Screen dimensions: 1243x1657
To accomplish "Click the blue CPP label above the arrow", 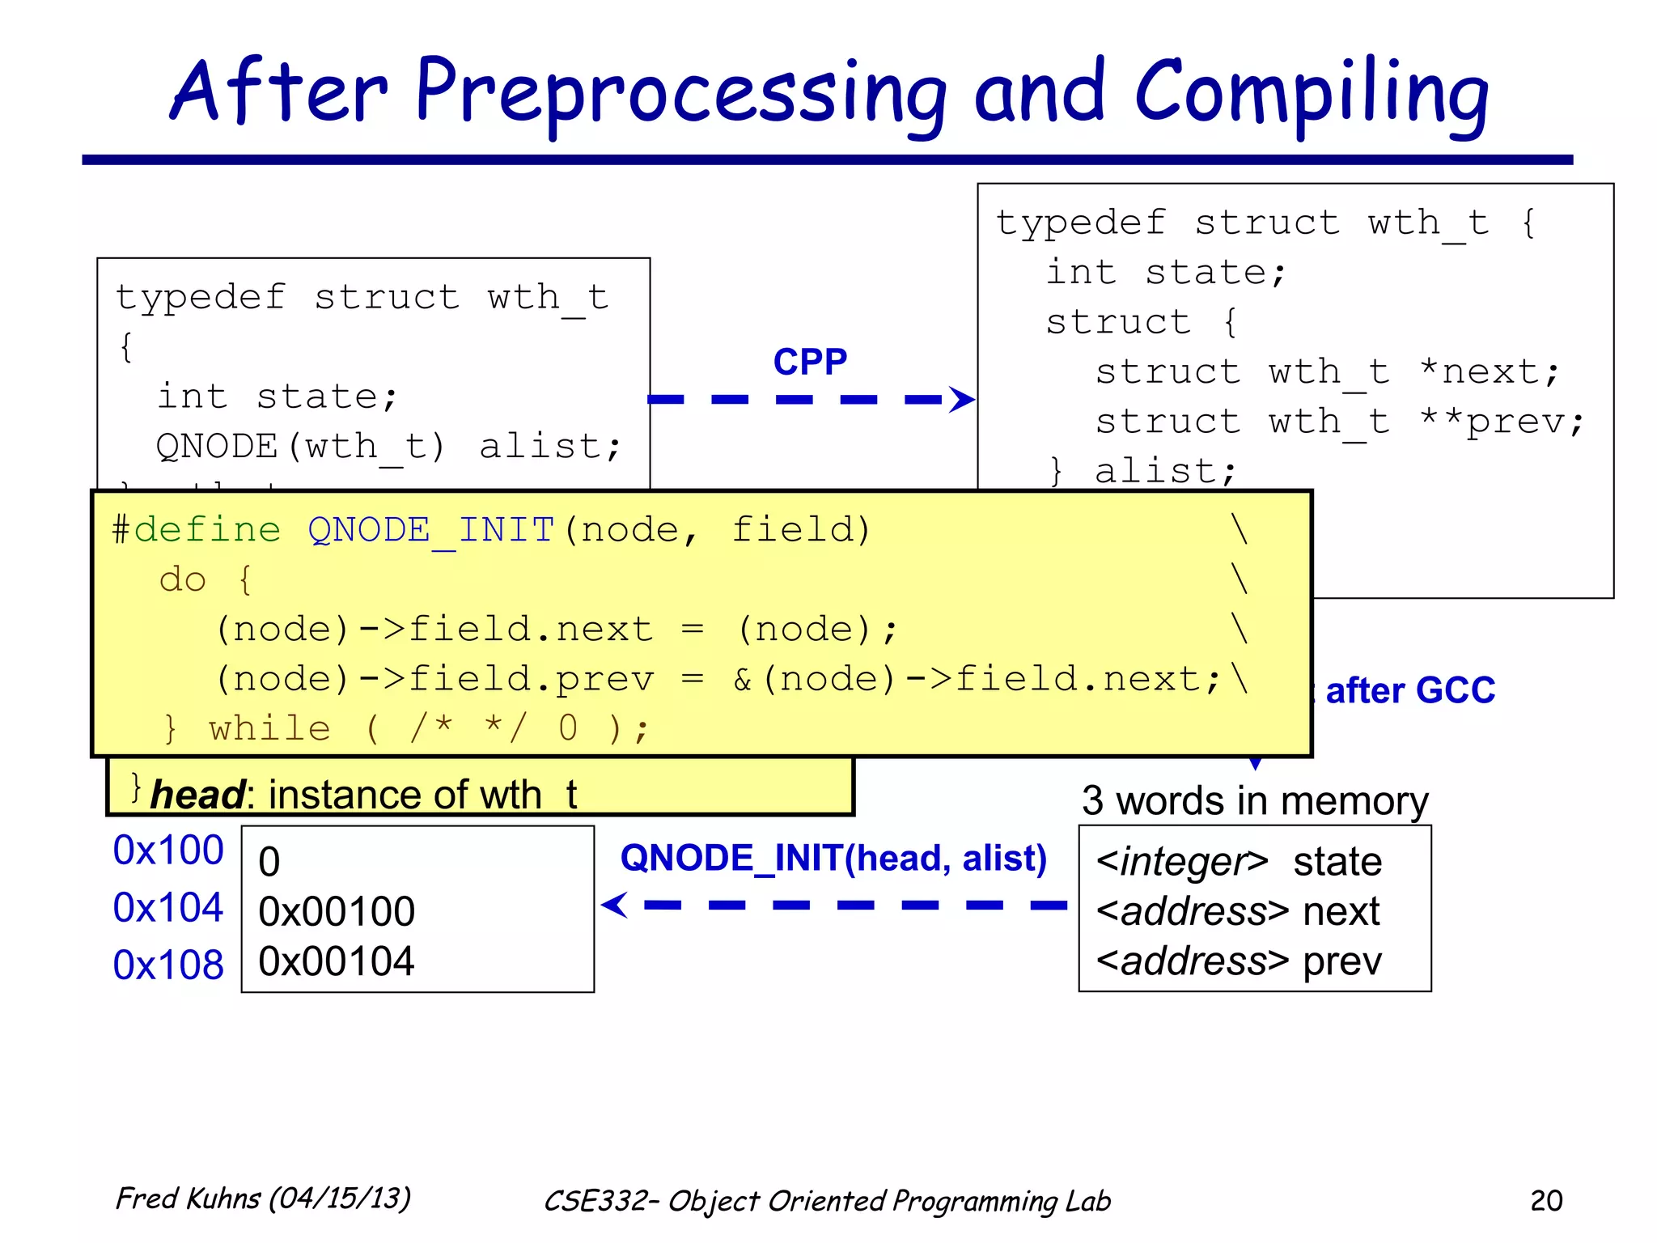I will [810, 361].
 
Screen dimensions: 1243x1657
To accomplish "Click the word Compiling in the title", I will [1312, 93].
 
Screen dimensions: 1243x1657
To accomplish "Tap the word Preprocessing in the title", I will [680, 93].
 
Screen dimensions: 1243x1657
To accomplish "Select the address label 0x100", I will [168, 850].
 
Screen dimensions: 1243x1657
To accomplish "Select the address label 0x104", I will [168, 907].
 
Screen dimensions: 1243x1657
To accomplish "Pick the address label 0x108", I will [168, 965].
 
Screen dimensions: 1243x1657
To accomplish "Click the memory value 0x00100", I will [337, 912].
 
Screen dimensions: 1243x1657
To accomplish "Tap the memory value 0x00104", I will [337, 961].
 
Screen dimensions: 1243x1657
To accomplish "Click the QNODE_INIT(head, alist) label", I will [833, 858].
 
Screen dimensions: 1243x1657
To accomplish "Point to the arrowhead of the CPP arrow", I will [963, 399].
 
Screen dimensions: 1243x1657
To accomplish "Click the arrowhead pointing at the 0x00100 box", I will [615, 905].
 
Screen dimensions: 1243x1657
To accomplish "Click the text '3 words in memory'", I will [1255, 801].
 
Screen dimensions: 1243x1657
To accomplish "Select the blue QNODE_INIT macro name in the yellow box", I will [431, 530].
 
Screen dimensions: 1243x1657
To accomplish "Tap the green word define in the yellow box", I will [207, 530].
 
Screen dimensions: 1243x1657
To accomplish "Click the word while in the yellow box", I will [269, 728].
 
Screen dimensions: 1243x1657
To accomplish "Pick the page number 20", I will [1546, 1200].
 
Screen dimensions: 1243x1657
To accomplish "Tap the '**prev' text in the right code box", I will [1502, 422].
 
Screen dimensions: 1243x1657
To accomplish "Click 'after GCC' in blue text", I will [1410, 690].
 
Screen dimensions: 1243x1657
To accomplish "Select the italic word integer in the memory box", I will [1182, 862].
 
